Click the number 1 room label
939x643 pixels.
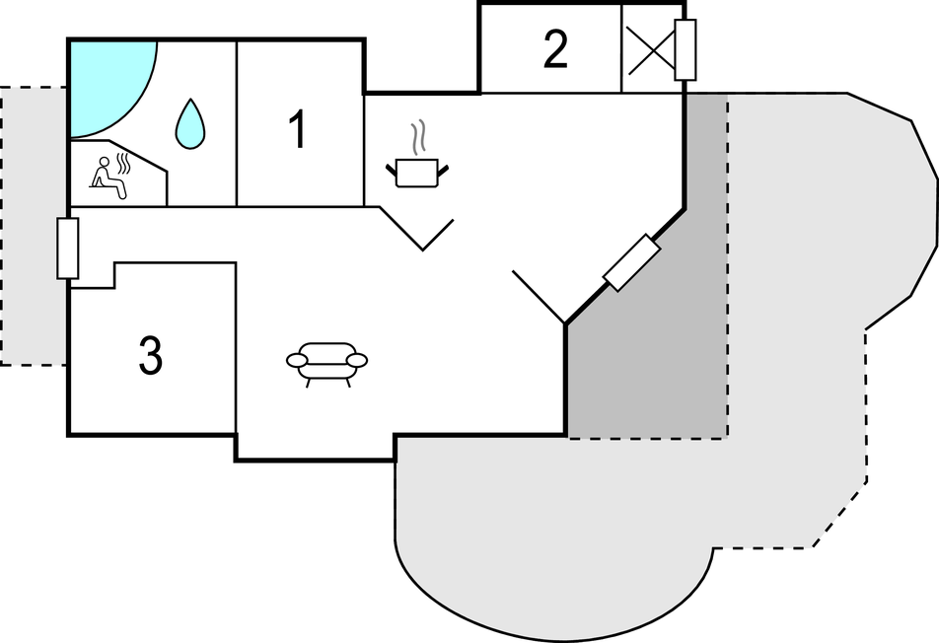[298, 129]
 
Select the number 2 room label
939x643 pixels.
[555, 49]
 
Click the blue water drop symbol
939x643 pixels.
[189, 124]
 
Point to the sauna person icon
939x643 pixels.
[108, 178]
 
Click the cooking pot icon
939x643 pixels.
[417, 173]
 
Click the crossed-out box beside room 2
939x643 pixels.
[650, 49]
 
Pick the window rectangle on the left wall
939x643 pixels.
[68, 249]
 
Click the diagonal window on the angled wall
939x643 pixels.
[632, 262]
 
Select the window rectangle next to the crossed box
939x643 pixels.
[686, 49]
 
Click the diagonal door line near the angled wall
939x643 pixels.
[539, 297]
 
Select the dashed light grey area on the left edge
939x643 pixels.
[33, 226]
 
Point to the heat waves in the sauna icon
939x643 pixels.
[123, 164]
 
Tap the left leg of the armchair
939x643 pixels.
[309, 383]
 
